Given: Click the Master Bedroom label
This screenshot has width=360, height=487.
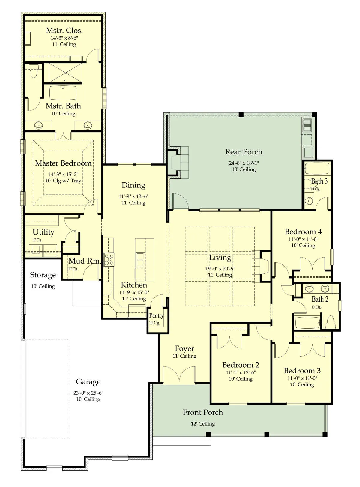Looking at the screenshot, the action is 63,163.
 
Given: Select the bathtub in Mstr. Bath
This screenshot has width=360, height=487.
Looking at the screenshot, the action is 63,93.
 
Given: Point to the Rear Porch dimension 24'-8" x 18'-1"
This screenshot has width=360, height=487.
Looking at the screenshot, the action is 244,163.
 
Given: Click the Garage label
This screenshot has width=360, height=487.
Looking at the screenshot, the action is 88,382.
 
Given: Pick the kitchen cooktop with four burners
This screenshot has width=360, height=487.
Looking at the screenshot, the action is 109,260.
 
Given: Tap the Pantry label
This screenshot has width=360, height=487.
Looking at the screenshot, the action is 156,315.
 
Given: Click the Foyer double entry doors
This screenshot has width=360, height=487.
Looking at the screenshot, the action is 179,376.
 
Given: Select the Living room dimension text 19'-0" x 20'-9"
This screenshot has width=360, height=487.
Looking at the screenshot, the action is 220,268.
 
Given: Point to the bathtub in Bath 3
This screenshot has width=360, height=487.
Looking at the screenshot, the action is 317,169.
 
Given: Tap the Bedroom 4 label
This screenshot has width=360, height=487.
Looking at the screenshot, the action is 303,232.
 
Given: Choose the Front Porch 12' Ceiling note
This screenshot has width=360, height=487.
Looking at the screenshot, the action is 203,423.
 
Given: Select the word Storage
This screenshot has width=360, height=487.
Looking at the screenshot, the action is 43,275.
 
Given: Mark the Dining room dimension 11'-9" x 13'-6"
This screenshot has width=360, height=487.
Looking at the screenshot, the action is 133,196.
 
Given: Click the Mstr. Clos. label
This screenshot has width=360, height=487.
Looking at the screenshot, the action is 64,31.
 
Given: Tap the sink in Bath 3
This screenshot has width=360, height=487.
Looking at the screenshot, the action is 309,201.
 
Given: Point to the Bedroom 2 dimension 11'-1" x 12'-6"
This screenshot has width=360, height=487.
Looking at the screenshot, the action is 241,372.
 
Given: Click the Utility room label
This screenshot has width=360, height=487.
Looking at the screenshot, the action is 43,232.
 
